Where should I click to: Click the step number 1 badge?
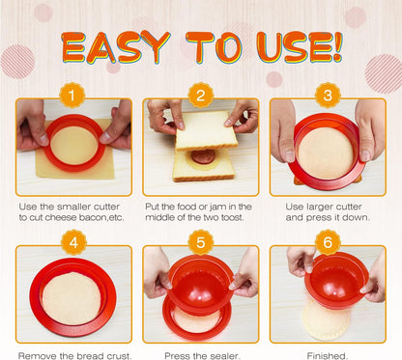[72, 96]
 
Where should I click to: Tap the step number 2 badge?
[201, 96]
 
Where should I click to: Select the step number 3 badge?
[328, 96]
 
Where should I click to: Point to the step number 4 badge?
[73, 242]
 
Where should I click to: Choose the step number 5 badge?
[201, 242]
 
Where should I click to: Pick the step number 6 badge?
[328, 242]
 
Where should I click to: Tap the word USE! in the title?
[300, 47]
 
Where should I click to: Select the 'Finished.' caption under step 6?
[328, 356]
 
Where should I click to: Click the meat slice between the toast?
[203, 157]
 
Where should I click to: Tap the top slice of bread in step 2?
[207, 130]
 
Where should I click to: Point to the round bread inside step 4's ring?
[72, 298]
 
